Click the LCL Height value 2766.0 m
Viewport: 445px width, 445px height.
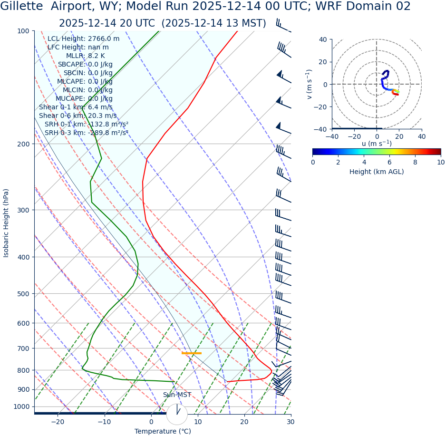click(104, 39)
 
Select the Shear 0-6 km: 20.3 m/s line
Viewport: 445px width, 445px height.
click(77, 116)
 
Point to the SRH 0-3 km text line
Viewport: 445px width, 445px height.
click(86, 133)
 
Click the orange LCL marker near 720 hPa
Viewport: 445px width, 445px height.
click(192, 353)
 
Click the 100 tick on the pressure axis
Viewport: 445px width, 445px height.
click(23, 31)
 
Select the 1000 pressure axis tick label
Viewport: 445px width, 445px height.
click(21, 406)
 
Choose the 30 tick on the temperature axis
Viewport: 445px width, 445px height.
click(290, 422)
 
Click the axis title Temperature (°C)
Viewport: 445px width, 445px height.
click(163, 432)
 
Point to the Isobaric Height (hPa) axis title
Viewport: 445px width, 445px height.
click(6, 223)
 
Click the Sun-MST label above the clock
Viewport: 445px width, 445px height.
click(177, 395)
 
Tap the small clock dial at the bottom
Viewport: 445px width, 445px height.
click(177, 414)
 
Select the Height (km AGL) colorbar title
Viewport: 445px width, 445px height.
click(377, 172)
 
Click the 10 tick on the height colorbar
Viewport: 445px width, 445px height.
click(441, 162)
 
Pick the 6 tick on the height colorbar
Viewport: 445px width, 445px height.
click(389, 162)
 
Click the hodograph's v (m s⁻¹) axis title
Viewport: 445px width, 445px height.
click(310, 84)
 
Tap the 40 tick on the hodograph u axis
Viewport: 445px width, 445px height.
click(421, 136)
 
